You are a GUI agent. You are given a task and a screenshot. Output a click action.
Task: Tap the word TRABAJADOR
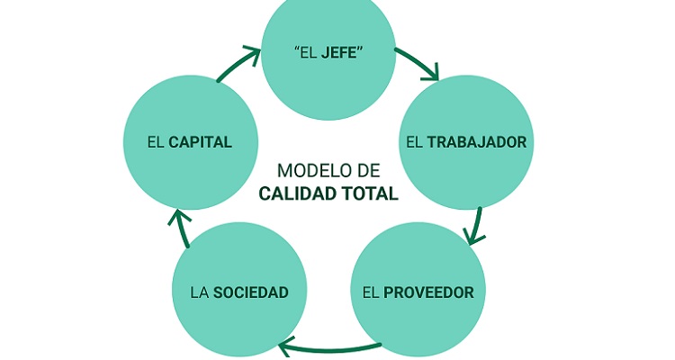pos(477,142)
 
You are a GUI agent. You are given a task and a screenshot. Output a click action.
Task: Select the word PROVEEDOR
pos(429,292)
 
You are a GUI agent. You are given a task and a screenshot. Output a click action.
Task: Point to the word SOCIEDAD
pos(251,292)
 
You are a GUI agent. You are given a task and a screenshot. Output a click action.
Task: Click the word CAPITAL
pos(201,142)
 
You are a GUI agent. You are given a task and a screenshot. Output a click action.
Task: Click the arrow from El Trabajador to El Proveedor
pos(475,226)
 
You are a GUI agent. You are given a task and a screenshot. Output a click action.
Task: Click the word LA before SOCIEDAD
pos(199,292)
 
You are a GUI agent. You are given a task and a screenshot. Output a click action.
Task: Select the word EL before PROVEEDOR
pos(371,292)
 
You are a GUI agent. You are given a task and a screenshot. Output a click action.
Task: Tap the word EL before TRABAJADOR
pos(414,142)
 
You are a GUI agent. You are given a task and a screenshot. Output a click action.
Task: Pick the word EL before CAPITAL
pos(155,142)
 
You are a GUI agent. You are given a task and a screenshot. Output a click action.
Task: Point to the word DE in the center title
pos(369,170)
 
